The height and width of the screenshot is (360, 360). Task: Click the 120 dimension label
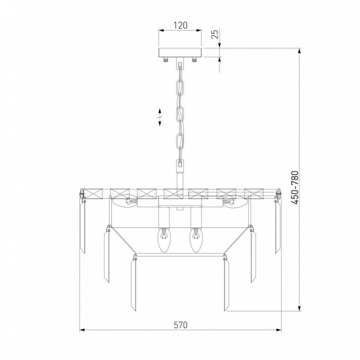180,25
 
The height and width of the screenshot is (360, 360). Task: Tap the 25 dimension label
215,34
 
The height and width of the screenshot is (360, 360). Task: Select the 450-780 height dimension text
295,188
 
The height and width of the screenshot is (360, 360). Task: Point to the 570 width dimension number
180,325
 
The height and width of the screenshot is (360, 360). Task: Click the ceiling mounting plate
180,53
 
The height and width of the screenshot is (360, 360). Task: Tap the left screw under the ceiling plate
165,60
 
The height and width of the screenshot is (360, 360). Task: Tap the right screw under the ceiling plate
194,60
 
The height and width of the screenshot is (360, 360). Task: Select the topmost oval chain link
180,87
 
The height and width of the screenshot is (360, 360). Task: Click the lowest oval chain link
180,142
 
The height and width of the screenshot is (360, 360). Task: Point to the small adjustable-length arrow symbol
160,117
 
